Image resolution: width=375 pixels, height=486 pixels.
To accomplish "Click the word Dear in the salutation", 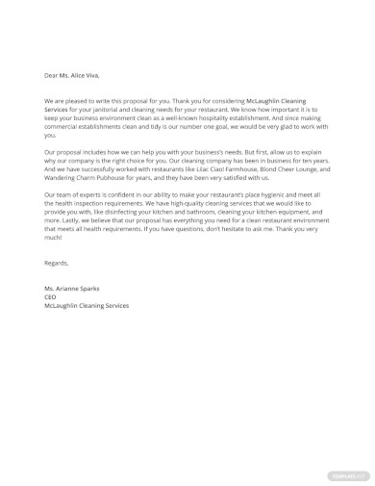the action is pos(51,75).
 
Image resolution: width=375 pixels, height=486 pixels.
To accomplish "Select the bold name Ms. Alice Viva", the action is pos(79,75).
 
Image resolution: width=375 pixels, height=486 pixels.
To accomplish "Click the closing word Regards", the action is pos(56,263).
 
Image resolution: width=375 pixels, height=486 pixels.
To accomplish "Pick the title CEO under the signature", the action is pos(50,297).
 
